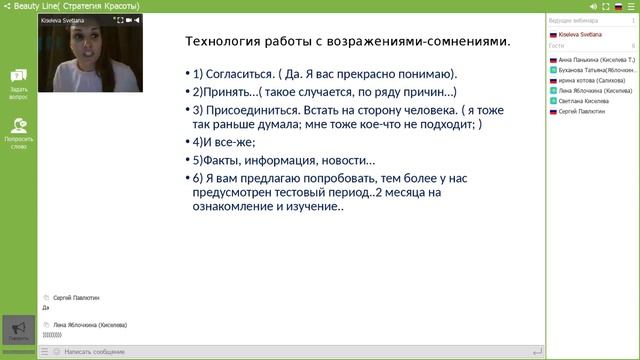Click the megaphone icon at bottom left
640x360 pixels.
pyautogui.click(x=18, y=328)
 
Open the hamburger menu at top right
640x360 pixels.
pyautogui.click(x=631, y=5)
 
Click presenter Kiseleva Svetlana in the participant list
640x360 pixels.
pyautogui.click(x=581, y=34)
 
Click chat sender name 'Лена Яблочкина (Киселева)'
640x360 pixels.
pyautogui.click(x=90, y=325)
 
